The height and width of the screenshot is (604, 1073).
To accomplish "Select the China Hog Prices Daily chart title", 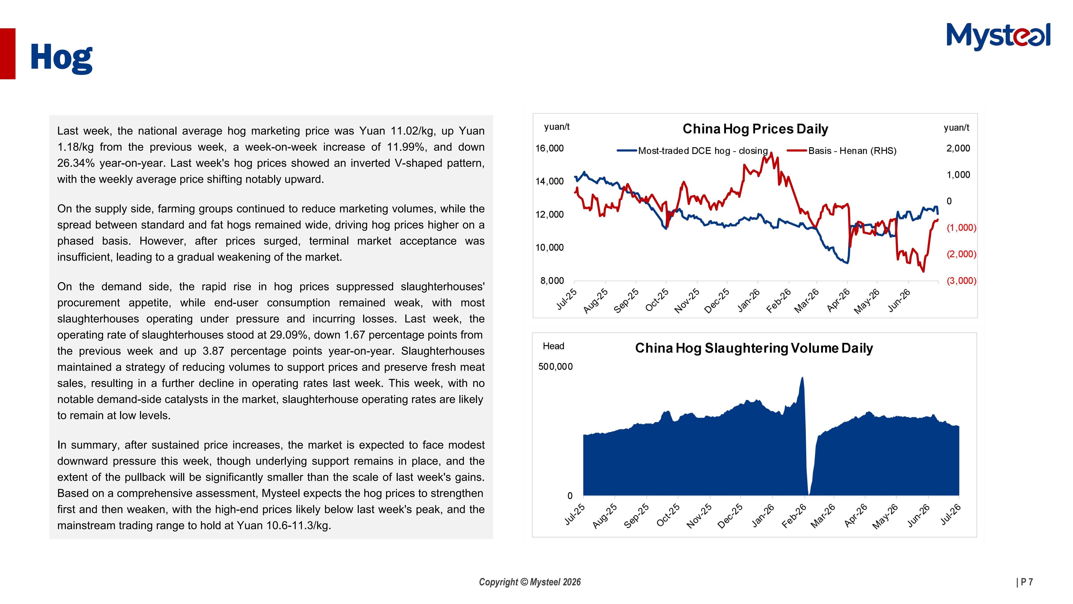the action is [x=755, y=129].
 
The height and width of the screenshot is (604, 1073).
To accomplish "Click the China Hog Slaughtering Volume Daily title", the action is [x=754, y=348].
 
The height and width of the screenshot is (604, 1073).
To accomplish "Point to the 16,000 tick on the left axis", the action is [x=549, y=148].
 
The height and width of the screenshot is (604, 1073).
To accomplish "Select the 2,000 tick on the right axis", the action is [x=958, y=148].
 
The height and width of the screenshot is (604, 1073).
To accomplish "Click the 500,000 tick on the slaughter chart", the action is [x=555, y=367].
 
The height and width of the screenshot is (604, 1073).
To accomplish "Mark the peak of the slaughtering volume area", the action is [x=802, y=377].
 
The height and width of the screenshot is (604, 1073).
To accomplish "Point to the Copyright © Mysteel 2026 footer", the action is [x=530, y=582].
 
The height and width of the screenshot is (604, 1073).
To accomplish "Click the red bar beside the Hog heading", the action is [x=8, y=54].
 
